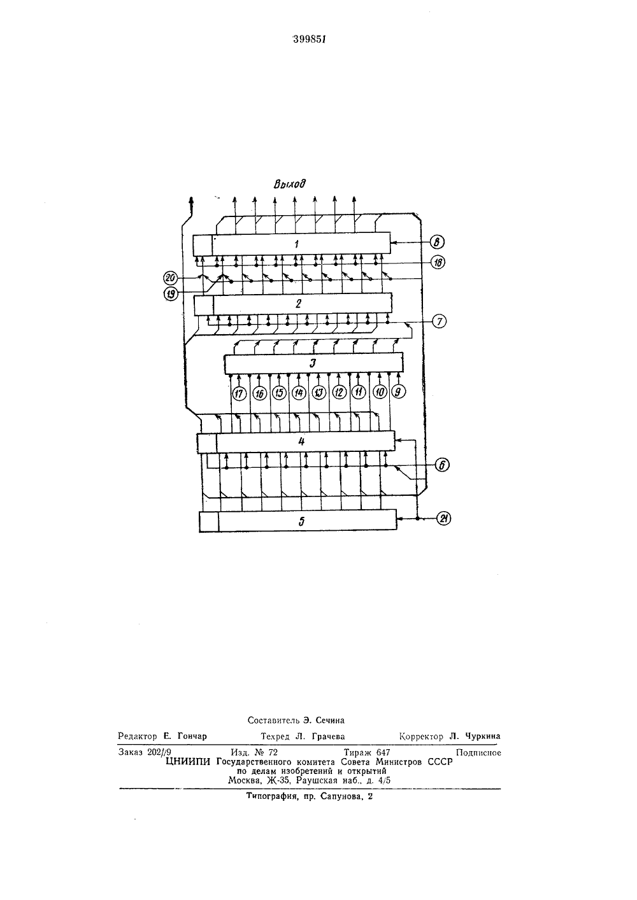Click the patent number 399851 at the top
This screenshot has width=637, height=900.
pyautogui.click(x=309, y=39)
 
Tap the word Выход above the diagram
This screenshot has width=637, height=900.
pyautogui.click(x=290, y=184)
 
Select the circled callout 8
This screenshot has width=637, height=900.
pyautogui.click(x=437, y=243)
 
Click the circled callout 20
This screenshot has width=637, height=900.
pyautogui.click(x=171, y=278)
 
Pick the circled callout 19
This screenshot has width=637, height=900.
pyautogui.click(x=171, y=294)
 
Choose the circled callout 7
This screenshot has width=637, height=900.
pyautogui.click(x=439, y=321)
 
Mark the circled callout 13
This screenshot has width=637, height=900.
pyautogui.click(x=319, y=393)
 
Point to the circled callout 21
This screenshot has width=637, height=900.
pyautogui.click(x=443, y=519)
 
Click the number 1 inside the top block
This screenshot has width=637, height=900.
pyautogui.click(x=297, y=244)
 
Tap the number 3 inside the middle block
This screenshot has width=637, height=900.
pyautogui.click(x=313, y=363)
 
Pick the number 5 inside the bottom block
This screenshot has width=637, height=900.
pyautogui.click(x=301, y=521)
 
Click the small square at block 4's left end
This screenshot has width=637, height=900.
pyautogui.click(x=206, y=443)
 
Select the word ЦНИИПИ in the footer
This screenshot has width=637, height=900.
pyautogui.click(x=188, y=761)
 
